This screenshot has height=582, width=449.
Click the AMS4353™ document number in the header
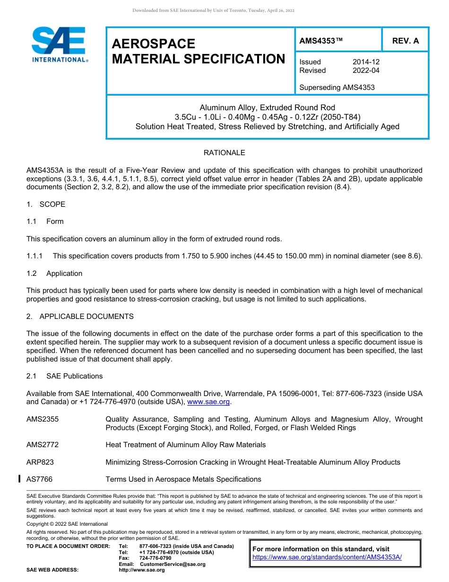(x=321, y=41)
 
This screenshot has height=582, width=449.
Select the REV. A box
(x=405, y=41)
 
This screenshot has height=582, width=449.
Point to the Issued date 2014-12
(x=366, y=62)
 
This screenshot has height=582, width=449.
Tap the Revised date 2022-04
(x=366, y=71)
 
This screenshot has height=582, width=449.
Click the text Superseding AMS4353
(x=337, y=88)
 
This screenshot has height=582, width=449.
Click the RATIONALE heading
(x=224, y=153)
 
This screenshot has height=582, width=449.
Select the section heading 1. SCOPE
(x=46, y=204)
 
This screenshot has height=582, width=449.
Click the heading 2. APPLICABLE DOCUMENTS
(x=80, y=317)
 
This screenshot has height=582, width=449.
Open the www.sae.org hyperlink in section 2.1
(x=208, y=402)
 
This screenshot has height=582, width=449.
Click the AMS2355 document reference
(x=43, y=419)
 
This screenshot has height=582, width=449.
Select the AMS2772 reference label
(x=43, y=445)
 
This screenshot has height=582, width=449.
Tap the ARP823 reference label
(x=40, y=462)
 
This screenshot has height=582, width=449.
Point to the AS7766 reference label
(x=40, y=479)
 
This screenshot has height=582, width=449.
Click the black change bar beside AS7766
(x=19, y=479)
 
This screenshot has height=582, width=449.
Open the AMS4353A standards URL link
(x=327, y=557)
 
